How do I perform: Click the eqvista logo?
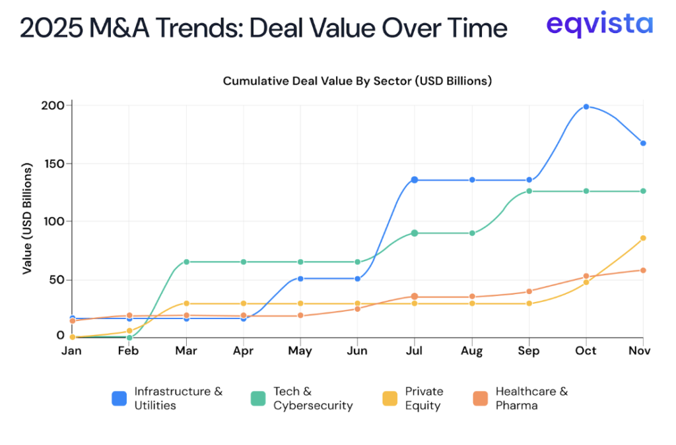click(x=599, y=25)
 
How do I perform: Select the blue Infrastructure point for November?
click(x=643, y=143)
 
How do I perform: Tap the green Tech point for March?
click(x=186, y=262)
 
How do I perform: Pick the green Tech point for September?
click(x=529, y=191)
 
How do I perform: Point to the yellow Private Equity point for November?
click(x=643, y=238)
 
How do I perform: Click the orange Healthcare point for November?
click(x=643, y=270)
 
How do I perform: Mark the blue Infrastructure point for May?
click(x=300, y=279)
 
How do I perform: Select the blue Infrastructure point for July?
click(x=415, y=180)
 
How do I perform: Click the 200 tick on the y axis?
click(x=54, y=105)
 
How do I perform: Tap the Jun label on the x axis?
click(x=357, y=351)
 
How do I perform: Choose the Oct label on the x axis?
click(x=586, y=351)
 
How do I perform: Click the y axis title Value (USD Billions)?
click(x=28, y=220)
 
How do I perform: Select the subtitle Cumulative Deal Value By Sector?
click(x=357, y=81)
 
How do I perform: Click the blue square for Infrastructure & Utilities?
click(x=119, y=398)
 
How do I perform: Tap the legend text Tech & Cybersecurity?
click(x=312, y=398)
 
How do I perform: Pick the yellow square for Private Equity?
click(x=390, y=398)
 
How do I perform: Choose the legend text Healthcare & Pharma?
click(x=531, y=398)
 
